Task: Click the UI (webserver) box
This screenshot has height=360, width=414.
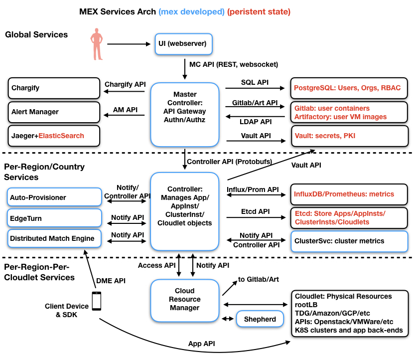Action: [183, 44]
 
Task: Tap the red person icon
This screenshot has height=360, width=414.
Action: [95, 44]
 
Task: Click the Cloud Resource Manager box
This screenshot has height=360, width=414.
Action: [185, 299]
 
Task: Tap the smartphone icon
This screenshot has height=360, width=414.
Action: [97, 301]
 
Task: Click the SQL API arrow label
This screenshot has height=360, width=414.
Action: [255, 81]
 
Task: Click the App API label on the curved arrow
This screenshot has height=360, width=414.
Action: [202, 344]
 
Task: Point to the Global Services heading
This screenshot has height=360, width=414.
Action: [36, 35]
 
